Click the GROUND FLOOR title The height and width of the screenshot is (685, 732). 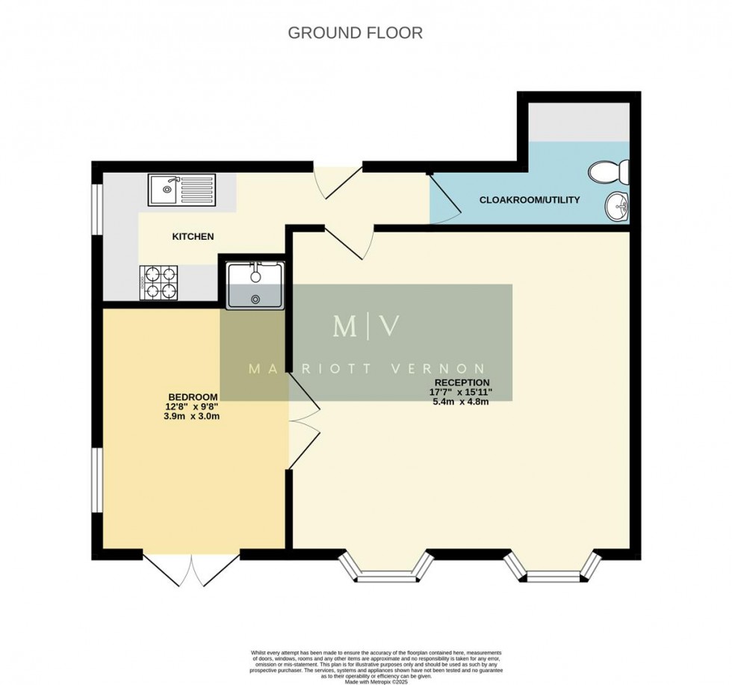click(x=355, y=33)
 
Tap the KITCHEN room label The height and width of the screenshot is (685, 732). click(x=193, y=237)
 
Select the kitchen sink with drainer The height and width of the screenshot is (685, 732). click(x=182, y=190)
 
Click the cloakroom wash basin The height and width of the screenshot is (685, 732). click(x=617, y=205)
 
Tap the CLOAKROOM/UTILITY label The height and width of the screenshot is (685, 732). click(x=529, y=200)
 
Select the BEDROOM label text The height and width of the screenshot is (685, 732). click(x=193, y=397)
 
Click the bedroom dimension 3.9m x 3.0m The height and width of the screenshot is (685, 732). click(x=193, y=417)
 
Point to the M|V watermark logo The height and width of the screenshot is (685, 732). click(x=366, y=326)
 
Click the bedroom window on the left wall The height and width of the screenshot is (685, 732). click(x=96, y=480)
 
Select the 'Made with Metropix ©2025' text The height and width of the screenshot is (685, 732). click(x=376, y=682)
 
